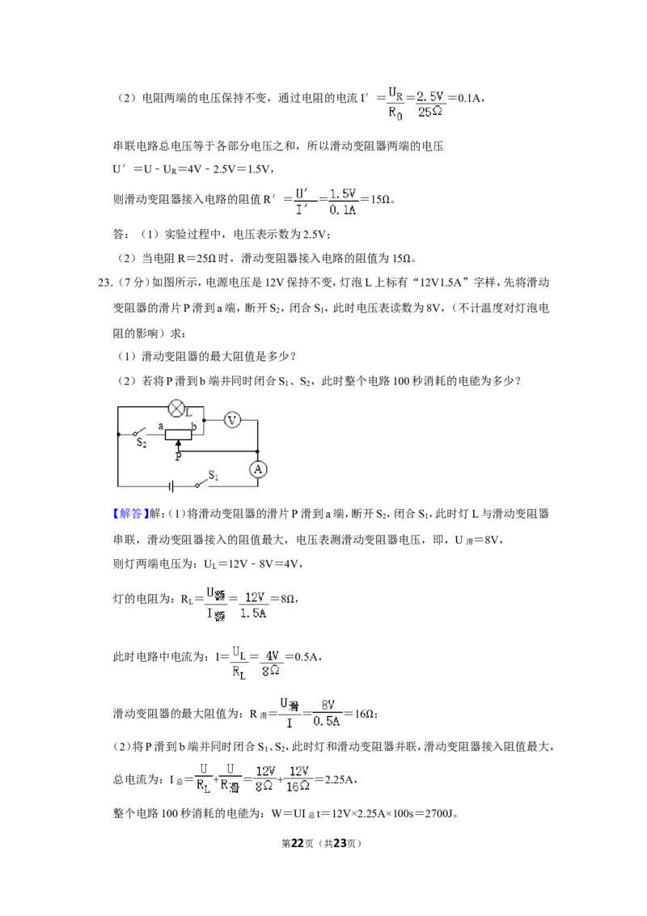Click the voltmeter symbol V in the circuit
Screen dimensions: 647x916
(x=232, y=419)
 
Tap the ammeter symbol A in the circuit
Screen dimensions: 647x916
(x=257, y=469)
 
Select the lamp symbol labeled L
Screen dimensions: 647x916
(x=177, y=406)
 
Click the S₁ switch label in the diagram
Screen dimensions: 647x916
(x=214, y=476)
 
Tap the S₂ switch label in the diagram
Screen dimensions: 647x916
(x=142, y=443)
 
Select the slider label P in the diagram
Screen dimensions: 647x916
(x=178, y=457)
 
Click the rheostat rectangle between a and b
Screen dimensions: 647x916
(x=178, y=434)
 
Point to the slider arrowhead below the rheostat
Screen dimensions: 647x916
(x=178, y=444)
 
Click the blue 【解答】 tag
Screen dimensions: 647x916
(x=128, y=514)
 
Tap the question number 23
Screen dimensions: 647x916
(x=104, y=282)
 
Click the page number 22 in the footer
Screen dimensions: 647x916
(x=298, y=843)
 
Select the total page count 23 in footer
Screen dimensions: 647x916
(x=340, y=843)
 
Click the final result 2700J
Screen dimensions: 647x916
(x=438, y=813)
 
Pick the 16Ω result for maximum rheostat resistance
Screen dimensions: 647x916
(x=365, y=714)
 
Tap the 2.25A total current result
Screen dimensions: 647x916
(x=339, y=780)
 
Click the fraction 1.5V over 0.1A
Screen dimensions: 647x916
(x=343, y=201)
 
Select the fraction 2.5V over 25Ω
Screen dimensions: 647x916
(x=430, y=104)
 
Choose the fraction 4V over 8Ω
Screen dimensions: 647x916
(x=271, y=663)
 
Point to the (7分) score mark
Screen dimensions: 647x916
(x=132, y=282)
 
